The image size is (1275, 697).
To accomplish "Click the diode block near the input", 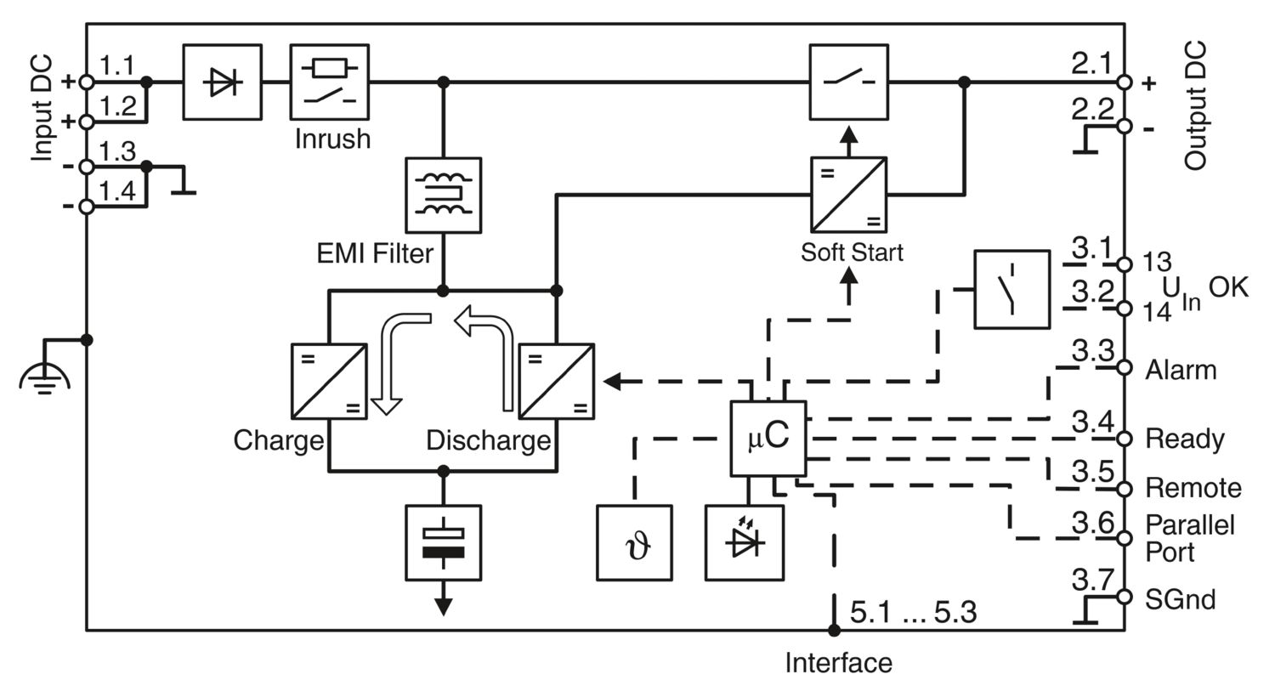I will coord(223,82).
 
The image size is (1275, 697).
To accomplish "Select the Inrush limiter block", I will coord(330,82).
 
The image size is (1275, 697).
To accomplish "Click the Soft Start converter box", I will coord(848,195).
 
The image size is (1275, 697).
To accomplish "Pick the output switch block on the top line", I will coord(848,82).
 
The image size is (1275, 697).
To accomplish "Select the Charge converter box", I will coord(329,381).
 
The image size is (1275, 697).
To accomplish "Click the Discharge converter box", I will coord(557,381).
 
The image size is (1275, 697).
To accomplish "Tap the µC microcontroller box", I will coord(768,438).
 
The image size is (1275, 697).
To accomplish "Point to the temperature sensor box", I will coord(634,543).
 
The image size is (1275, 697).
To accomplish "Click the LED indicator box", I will coord(745,543).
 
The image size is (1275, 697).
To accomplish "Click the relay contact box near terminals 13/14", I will coord(1011,289).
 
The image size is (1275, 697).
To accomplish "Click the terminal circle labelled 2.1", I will coord(1124,82).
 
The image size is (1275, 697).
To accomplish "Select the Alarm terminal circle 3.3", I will coord(1124,367).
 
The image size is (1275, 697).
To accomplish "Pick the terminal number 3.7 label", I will coord(1092,581).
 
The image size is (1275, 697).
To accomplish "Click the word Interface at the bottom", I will coord(838,663).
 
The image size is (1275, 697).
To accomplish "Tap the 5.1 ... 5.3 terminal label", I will coord(914,612).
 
